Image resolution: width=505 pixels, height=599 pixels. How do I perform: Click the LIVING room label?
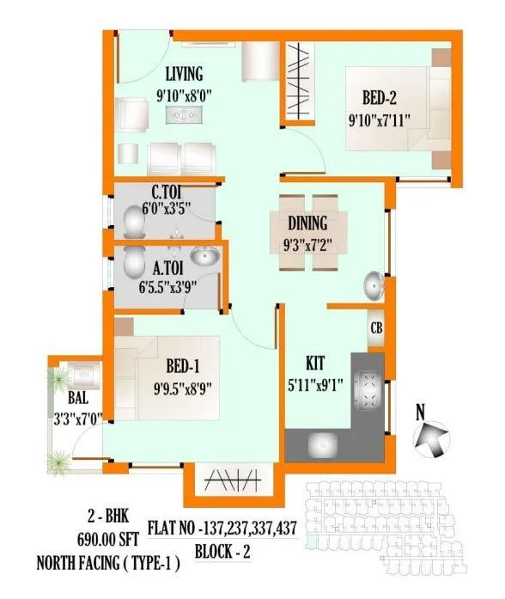coord(184,74)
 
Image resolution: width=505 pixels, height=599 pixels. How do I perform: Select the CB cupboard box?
coord(376,327)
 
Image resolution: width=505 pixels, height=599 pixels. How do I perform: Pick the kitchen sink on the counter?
coord(324,446)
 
